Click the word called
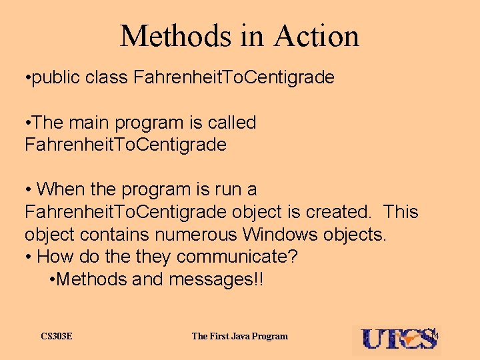pos(231,123)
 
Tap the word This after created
pos(401,212)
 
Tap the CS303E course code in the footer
pos(57,336)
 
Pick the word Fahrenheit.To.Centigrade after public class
pos(234,78)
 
